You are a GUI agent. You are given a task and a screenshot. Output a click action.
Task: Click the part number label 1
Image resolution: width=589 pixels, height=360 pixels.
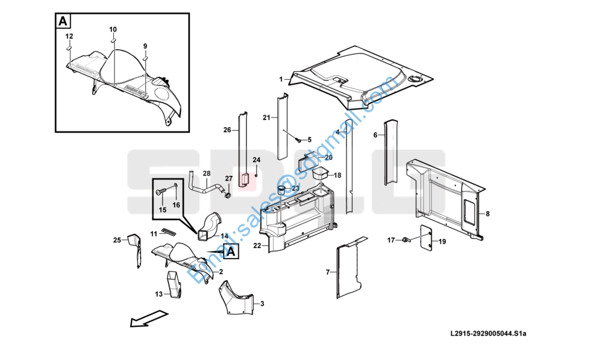(x=281, y=79)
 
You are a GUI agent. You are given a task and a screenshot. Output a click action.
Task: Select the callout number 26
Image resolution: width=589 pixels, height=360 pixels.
(x=227, y=130)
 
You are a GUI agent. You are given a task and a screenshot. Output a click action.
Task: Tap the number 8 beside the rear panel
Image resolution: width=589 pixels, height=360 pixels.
(x=488, y=214)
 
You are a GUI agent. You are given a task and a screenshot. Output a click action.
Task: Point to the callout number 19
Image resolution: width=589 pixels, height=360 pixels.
(x=442, y=242)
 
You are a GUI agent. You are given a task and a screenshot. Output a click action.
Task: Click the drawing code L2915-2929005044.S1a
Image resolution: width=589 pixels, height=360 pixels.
(x=488, y=334)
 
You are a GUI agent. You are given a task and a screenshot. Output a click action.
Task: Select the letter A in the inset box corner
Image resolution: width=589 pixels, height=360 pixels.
(x=63, y=21)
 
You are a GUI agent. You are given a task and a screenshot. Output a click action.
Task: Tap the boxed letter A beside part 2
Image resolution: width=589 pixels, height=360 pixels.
(x=232, y=251)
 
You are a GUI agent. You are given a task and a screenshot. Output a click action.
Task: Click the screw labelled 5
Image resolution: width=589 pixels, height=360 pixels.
(x=299, y=140)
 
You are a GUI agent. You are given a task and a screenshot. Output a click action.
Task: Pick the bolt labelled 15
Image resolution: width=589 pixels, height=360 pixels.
(x=160, y=192)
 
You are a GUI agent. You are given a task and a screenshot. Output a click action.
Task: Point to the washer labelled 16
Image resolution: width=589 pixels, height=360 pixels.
(x=176, y=185)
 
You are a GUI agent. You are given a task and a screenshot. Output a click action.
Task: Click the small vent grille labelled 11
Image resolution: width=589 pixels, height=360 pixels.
(x=169, y=231)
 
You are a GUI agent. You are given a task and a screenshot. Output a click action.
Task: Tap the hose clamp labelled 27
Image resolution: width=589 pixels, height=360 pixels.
(x=228, y=195)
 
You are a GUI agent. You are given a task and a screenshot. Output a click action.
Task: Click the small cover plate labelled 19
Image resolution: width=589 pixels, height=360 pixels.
(x=426, y=236)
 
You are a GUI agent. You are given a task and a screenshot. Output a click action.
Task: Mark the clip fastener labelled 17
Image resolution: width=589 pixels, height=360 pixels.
(x=405, y=239)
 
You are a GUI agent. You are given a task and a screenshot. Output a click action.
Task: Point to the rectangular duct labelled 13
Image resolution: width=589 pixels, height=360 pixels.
(x=175, y=284)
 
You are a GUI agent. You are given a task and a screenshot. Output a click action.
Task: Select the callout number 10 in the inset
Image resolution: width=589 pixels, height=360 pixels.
(x=113, y=29)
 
